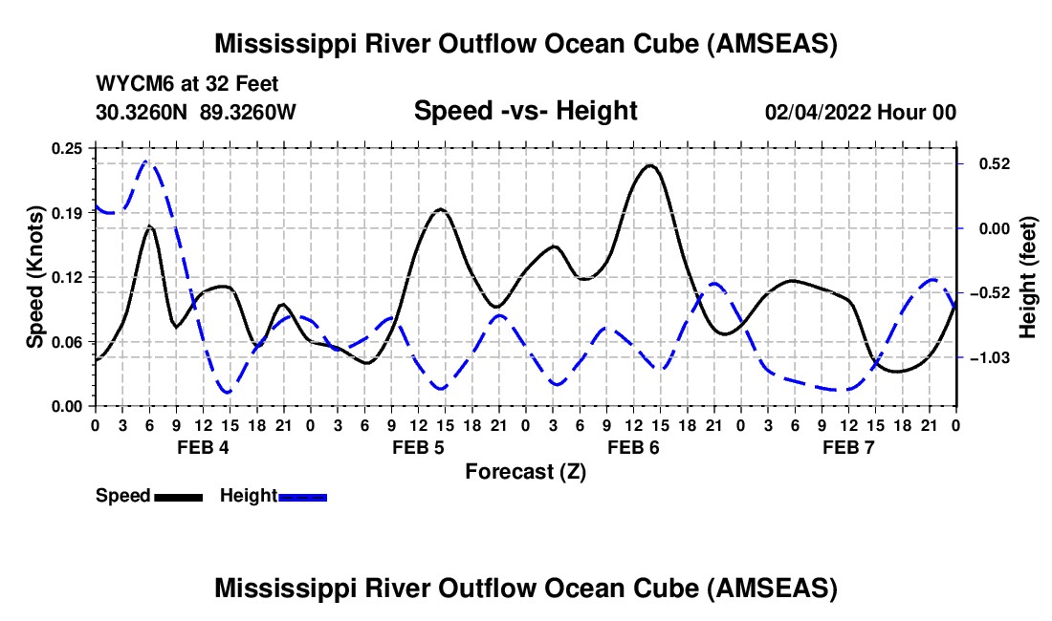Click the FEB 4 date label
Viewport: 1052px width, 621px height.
coord(202,448)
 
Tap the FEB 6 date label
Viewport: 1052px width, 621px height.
coord(632,448)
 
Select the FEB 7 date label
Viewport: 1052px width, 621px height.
coord(848,448)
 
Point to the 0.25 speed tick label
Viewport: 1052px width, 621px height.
coord(67,148)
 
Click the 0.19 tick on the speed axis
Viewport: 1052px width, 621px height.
coord(67,213)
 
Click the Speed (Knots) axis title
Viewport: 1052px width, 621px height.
coord(35,277)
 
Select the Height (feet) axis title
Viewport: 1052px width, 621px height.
coord(1028,277)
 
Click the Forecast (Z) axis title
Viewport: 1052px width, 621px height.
coord(525,472)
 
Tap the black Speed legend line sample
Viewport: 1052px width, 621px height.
coord(178,497)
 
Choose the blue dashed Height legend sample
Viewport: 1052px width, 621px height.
coord(303,497)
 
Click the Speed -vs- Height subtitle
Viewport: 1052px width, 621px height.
coord(525,111)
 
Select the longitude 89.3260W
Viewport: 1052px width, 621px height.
coord(249,112)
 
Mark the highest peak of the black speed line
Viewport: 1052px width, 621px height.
coord(650,165)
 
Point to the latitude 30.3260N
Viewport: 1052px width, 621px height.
coord(143,112)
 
